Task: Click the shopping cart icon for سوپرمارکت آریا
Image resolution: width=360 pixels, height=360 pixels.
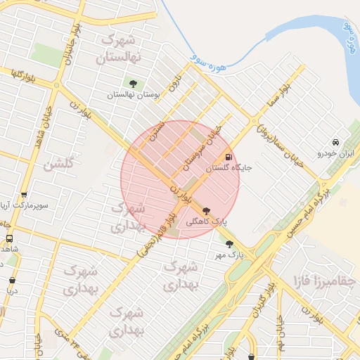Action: pos(25,195)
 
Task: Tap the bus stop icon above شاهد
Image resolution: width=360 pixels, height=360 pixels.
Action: pos(9,239)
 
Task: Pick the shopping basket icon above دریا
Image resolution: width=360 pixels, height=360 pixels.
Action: pos(11,280)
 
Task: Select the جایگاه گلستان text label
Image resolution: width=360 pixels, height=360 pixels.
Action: pos(228,169)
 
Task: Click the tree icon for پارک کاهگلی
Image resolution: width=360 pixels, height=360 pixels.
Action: pos(205,210)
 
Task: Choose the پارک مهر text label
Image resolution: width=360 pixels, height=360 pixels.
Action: pos(229,256)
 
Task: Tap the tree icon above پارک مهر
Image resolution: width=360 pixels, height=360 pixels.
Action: pos(229,244)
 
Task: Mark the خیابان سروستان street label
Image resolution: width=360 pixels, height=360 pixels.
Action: pos(202,148)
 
